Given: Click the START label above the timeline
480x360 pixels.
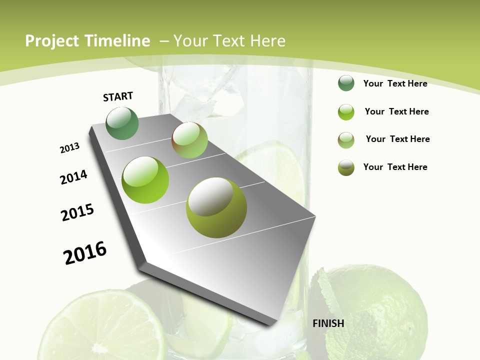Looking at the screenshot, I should coord(118,96).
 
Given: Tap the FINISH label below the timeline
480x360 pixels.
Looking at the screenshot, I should coord(328,323).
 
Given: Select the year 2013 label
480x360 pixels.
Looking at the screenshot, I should coord(69,148).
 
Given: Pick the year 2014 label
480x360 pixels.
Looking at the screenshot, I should coord(73,177).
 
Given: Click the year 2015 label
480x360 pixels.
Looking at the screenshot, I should coord(77,212).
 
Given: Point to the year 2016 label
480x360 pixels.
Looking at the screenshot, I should coord(85,252).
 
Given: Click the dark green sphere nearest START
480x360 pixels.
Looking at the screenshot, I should coord(122,123).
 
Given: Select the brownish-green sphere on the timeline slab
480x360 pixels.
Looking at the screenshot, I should coord(189,140).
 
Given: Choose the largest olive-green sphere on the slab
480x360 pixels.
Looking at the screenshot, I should coord(216,207).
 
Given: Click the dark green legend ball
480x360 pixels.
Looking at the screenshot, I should coord(346,83).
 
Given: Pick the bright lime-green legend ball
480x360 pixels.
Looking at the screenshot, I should coord(346,112).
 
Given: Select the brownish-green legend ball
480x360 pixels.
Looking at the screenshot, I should coord(346,140).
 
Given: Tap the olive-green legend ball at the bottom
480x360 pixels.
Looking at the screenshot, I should coord(346,167).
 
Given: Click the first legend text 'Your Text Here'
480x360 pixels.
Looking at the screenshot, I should coord(395,83).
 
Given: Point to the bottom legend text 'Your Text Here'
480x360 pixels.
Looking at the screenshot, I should coord(395,167).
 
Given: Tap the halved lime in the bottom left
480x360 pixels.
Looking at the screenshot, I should coord(100,325).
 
